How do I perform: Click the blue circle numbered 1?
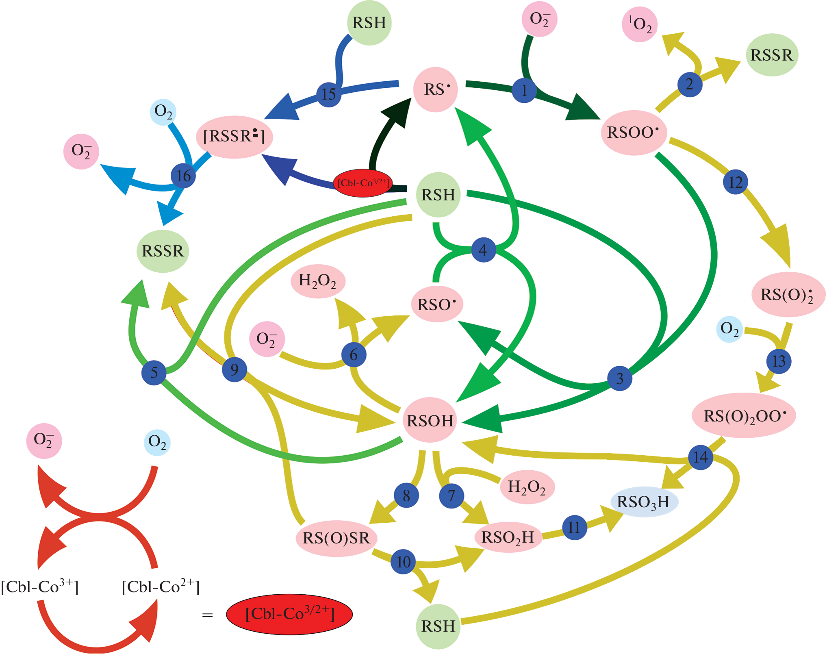(524, 90)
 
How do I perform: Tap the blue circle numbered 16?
(183, 176)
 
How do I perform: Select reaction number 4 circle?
(483, 250)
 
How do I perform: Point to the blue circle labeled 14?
(701, 457)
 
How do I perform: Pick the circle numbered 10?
(403, 562)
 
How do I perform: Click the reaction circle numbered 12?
(735, 182)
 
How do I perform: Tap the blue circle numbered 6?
(354, 355)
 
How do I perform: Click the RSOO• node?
(634, 133)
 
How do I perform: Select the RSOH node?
(430, 421)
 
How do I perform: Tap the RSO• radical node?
(437, 304)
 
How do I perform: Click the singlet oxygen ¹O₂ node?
(640, 24)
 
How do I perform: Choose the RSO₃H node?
(644, 502)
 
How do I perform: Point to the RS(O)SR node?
(336, 538)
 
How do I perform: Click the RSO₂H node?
(508, 537)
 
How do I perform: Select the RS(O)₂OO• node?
(744, 416)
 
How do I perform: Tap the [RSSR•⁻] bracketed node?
(234, 137)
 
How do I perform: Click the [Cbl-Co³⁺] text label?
(39, 587)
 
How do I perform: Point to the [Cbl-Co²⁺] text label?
(161, 587)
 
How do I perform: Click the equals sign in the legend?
(207, 615)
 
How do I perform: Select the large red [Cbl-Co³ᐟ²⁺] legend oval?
(289, 614)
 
